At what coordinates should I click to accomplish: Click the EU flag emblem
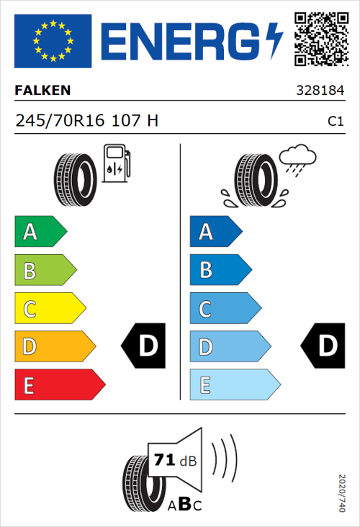[x=53, y=41]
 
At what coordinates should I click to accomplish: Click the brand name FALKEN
[x=42, y=91]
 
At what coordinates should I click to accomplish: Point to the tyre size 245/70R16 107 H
[x=86, y=121]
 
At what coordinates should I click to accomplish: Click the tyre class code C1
[x=335, y=122]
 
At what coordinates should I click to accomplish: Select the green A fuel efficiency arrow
[x=40, y=232]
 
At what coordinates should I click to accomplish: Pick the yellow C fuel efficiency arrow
[x=50, y=309]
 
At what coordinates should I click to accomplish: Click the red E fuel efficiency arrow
[x=59, y=385]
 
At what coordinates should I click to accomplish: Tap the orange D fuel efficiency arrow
[x=55, y=347]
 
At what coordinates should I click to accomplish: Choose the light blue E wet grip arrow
[x=234, y=385]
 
